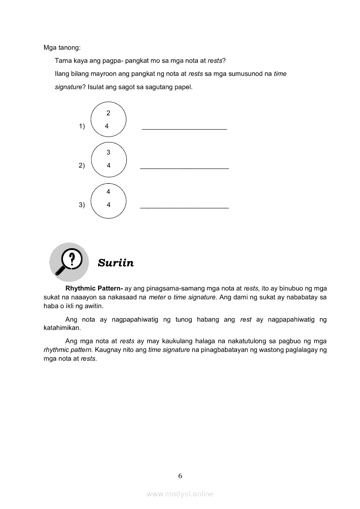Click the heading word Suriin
coord(115,263)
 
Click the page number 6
coord(180,475)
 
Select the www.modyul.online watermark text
coord(180,494)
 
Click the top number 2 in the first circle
coord(109,113)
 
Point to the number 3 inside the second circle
coord(109,152)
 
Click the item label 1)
coord(82,126)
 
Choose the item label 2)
coord(82,165)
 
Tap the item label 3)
coord(82,205)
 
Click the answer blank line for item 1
coord(184,129)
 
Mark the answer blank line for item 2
coord(184,168)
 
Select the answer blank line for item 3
coord(184,208)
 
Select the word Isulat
coord(98,87)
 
